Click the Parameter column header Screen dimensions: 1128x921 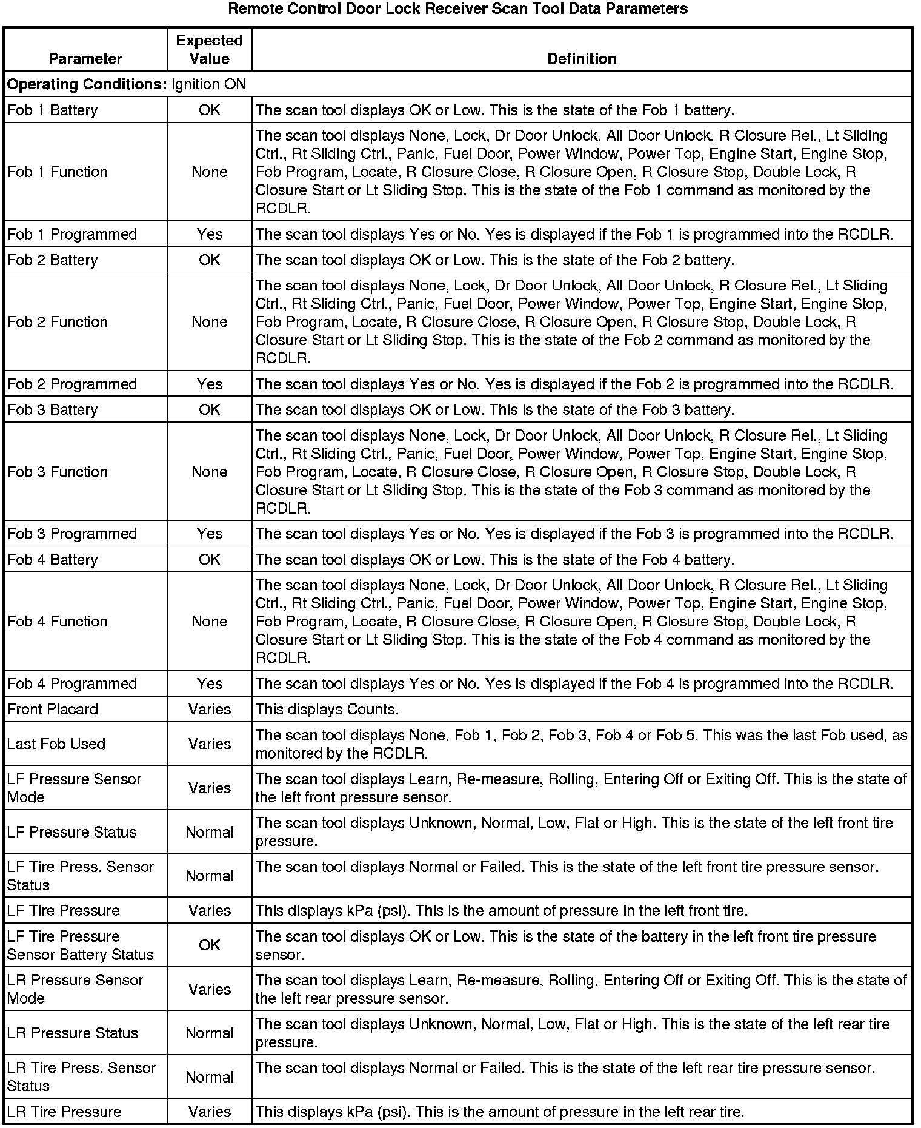point(85,59)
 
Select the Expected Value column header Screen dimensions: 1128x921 point(209,50)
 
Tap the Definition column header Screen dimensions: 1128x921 point(582,59)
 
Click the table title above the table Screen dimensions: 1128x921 point(458,9)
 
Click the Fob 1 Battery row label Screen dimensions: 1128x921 point(53,110)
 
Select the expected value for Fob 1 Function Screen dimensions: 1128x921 point(209,172)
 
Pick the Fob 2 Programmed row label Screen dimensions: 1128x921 point(72,384)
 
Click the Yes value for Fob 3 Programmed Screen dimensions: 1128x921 point(209,534)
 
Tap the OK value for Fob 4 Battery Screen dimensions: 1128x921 point(209,560)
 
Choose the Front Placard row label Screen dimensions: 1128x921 point(53,710)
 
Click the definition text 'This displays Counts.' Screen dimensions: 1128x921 point(327,710)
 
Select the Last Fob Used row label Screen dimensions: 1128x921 point(56,744)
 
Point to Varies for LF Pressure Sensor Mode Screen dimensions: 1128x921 point(209,788)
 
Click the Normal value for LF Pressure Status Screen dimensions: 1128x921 point(209,833)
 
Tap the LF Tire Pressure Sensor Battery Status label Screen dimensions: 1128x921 point(81,945)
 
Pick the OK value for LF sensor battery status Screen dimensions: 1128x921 point(209,945)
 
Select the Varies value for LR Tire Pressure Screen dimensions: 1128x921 point(209,1112)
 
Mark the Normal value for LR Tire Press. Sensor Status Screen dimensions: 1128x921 point(209,1078)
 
